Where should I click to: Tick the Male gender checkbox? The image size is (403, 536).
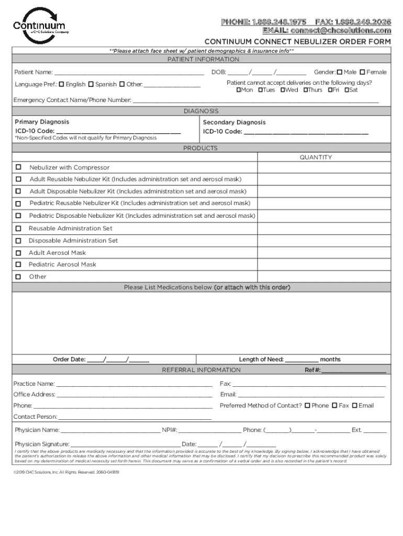tap(339, 72)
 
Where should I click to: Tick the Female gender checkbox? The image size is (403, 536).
tap(362, 72)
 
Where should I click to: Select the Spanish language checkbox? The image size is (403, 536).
tap(91, 84)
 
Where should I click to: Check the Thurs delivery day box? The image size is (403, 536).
tap(306, 90)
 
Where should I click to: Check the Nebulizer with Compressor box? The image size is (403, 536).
tap(18, 167)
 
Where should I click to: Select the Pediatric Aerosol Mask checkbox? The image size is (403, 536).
tap(18, 264)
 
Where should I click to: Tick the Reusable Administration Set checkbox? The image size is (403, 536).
tap(18, 228)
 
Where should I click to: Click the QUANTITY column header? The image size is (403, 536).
tap(316, 157)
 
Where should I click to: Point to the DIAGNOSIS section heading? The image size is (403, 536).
tap(201, 111)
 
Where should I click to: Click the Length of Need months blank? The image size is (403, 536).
tap(301, 360)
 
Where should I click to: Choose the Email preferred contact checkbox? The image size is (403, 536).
tap(354, 405)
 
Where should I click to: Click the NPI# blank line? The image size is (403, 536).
tap(209, 431)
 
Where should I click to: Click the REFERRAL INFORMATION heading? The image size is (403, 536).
tap(201, 370)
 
